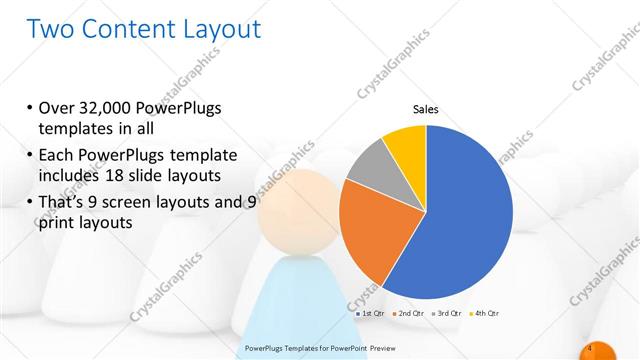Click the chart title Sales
click(x=426, y=110)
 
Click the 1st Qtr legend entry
click(x=374, y=313)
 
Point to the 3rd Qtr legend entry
click(x=447, y=313)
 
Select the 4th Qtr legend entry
click(x=484, y=313)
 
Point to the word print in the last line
click(x=55, y=223)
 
